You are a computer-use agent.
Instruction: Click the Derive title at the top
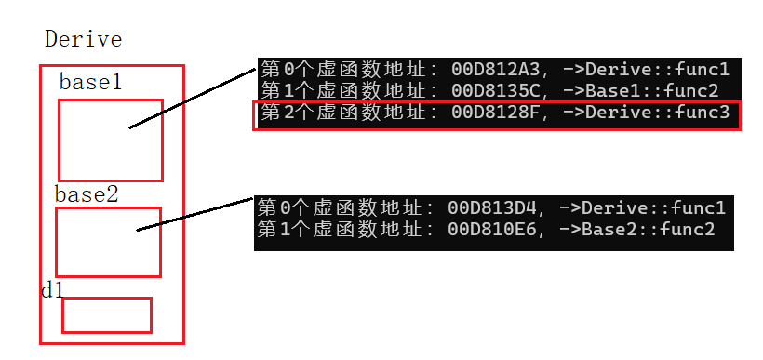tap(84, 40)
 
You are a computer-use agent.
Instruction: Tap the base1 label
tap(90, 82)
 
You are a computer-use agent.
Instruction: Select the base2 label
tap(87, 195)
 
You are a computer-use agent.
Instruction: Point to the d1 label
tap(52, 289)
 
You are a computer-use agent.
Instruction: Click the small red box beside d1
tap(106, 314)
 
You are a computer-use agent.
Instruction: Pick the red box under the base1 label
tap(110, 140)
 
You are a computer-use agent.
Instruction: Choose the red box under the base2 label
tap(108, 242)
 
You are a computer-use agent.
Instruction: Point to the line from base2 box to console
tap(195, 214)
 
